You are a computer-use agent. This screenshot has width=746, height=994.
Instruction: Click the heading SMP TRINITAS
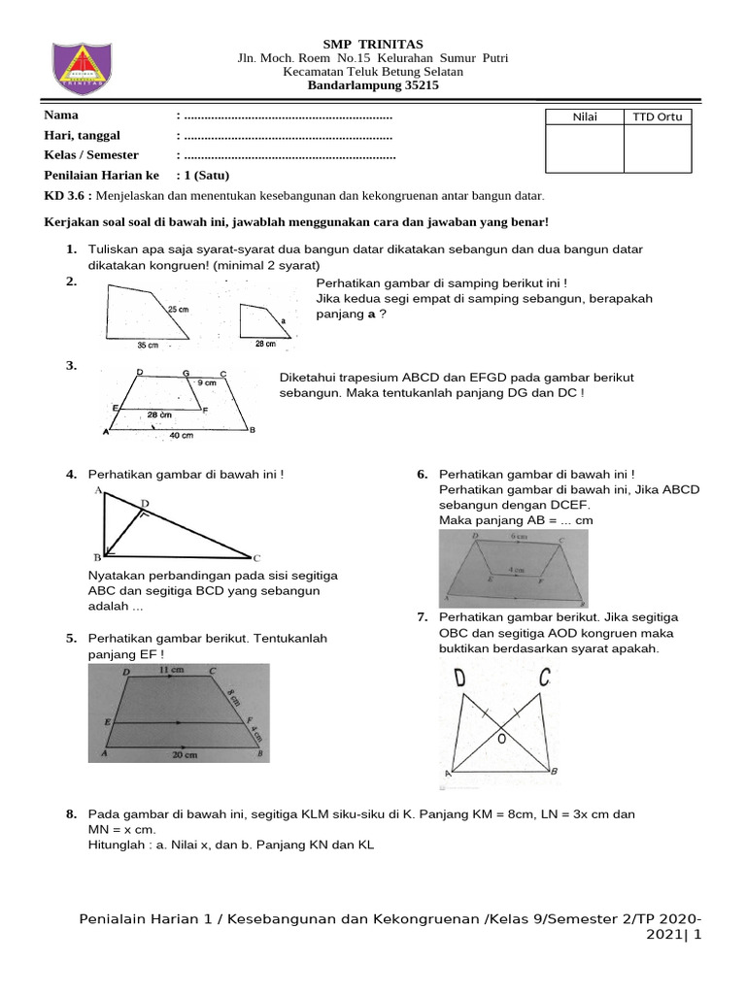373,44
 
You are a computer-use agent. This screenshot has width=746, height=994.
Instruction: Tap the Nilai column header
585,117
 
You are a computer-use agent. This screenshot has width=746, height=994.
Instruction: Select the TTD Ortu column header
658,117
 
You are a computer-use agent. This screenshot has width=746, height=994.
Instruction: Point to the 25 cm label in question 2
178,309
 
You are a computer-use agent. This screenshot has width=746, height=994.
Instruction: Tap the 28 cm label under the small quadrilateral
264,345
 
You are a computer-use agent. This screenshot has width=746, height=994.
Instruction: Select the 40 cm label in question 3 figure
181,436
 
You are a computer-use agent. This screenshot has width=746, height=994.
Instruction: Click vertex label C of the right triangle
256,559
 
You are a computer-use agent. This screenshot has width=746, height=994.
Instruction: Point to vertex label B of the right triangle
97,558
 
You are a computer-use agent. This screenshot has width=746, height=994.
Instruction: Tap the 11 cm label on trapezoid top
171,671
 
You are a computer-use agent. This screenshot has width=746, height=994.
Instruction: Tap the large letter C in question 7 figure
545,676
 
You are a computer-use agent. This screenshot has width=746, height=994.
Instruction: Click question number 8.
72,813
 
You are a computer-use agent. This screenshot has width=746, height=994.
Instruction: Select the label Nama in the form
61,116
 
